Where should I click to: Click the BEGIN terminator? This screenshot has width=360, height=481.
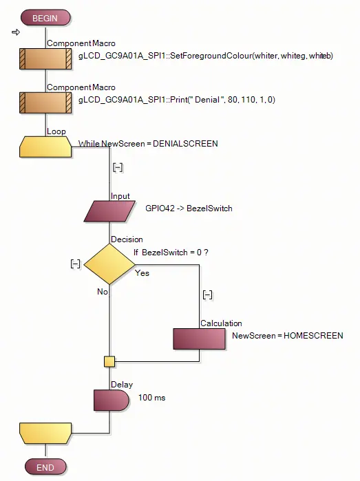click(x=45, y=18)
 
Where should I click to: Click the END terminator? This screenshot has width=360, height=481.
click(x=45, y=467)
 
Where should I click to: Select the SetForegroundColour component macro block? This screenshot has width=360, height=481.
click(x=45, y=58)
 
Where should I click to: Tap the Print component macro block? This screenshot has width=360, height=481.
click(x=45, y=103)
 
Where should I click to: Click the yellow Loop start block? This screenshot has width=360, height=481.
click(x=45, y=147)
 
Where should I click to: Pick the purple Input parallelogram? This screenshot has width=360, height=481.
click(x=109, y=211)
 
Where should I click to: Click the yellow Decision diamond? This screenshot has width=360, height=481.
click(x=109, y=264)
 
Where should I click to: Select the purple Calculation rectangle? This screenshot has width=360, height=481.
click(x=199, y=339)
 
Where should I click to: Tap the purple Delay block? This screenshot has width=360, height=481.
click(x=111, y=400)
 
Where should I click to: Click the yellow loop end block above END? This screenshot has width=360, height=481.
click(x=45, y=433)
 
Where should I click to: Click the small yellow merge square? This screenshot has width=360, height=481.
click(x=109, y=361)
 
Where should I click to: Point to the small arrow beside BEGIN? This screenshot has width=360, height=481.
click(x=16, y=32)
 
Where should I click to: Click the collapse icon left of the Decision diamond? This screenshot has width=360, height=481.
click(x=75, y=264)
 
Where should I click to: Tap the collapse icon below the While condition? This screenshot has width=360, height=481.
click(x=118, y=167)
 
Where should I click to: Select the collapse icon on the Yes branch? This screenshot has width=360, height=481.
click(x=207, y=295)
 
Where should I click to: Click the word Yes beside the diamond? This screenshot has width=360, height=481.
click(x=142, y=273)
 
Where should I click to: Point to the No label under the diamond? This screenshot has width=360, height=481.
click(x=102, y=292)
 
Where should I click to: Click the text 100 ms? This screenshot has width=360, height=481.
click(x=151, y=398)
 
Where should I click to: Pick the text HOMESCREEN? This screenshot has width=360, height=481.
click(x=313, y=336)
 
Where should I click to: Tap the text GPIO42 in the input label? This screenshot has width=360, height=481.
click(x=160, y=209)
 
